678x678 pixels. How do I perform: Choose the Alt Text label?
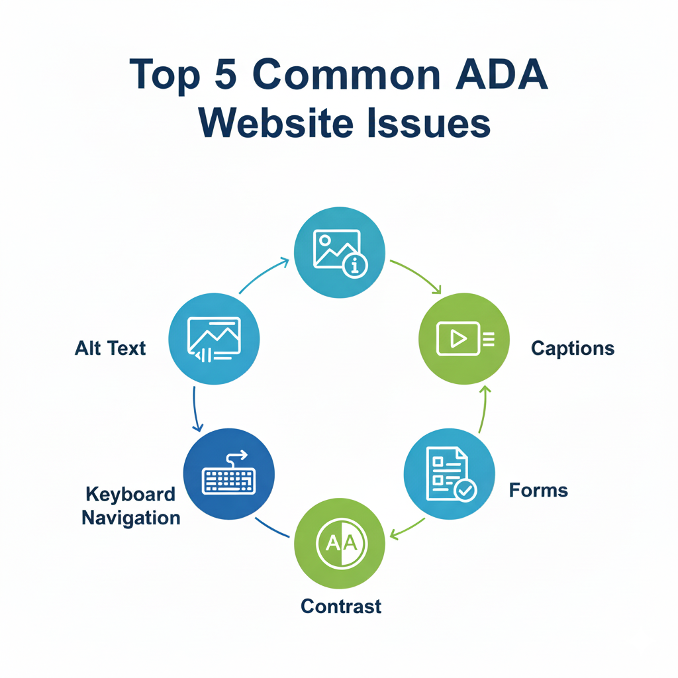coord(110,348)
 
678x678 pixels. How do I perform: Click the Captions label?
coord(573,348)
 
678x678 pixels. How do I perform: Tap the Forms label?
coord(538,491)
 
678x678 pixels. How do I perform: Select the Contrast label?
coord(341,606)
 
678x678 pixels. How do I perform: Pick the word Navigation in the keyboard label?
coord(131,517)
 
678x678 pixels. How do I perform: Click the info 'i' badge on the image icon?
coord(356,266)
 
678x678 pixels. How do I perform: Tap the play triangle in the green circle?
coord(457,338)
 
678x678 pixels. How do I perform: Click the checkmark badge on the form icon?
coord(465,490)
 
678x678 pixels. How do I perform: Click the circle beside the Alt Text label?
coord(215,339)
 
